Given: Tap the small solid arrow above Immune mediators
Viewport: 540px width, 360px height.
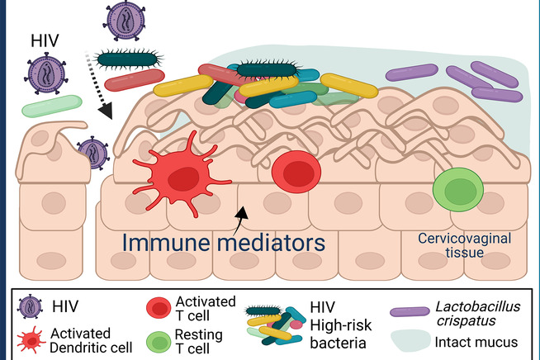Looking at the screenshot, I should click(240, 216).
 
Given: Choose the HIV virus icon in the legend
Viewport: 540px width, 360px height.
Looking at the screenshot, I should click(30, 306).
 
